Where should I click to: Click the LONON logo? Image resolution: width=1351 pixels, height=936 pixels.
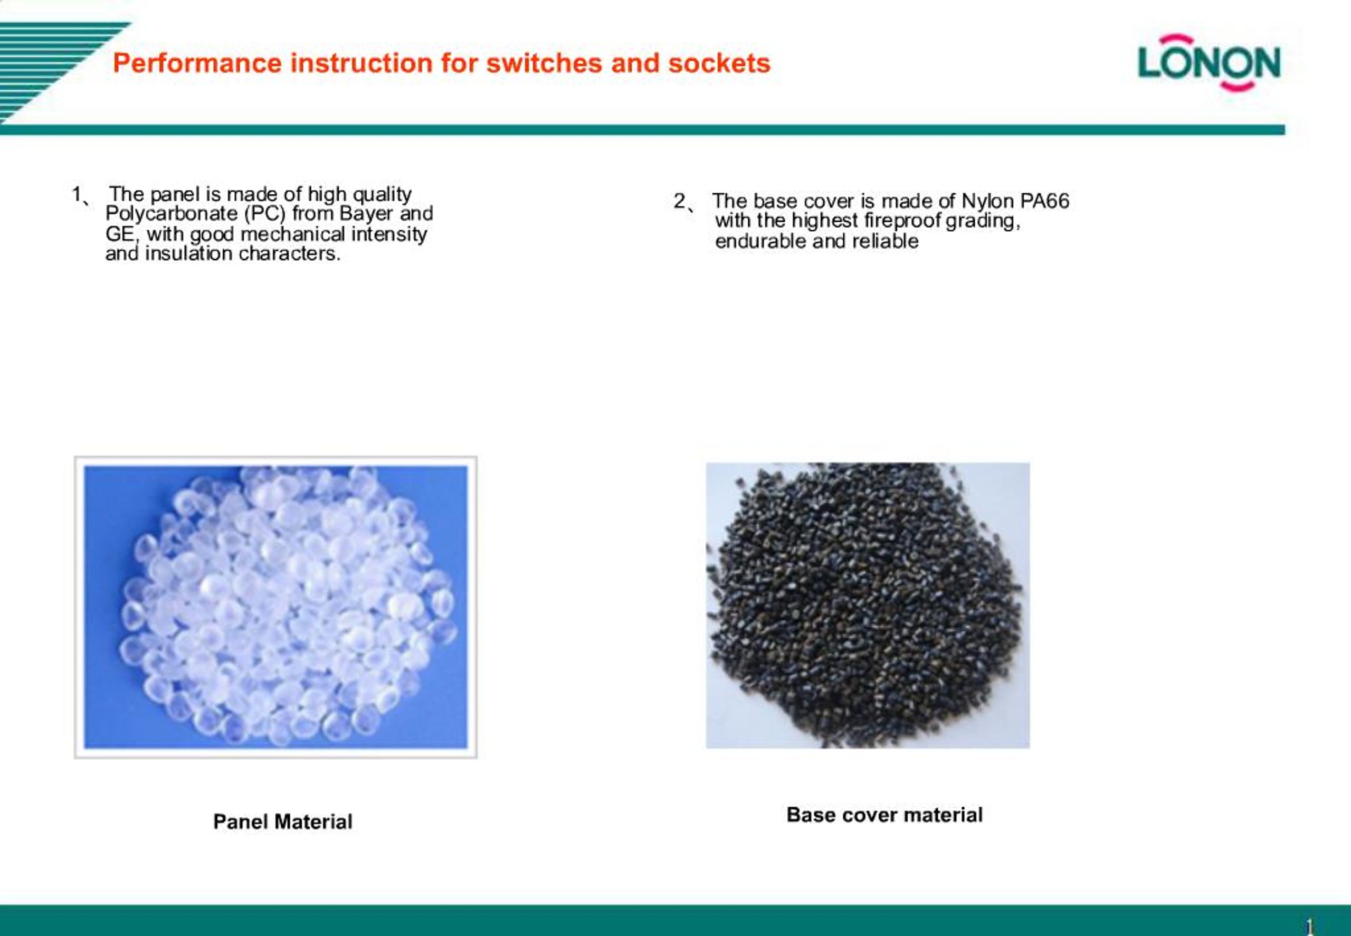1209,63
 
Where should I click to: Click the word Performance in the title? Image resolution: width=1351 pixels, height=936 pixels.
197,63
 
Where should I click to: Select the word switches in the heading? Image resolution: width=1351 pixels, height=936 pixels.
544,63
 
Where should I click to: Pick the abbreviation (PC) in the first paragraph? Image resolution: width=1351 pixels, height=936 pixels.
264,214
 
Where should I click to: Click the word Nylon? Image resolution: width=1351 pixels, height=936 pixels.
987,202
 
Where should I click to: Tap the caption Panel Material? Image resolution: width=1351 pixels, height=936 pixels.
282,821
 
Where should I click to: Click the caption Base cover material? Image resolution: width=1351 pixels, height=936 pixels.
884,815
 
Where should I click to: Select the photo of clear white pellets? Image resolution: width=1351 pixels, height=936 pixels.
275,607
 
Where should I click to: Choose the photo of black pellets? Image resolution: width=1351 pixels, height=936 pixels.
868,605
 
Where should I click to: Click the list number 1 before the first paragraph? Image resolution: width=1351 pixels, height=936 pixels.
77,194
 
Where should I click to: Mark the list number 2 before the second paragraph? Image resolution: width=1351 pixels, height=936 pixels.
679,201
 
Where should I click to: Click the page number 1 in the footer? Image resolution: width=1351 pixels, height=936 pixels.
1309,927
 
